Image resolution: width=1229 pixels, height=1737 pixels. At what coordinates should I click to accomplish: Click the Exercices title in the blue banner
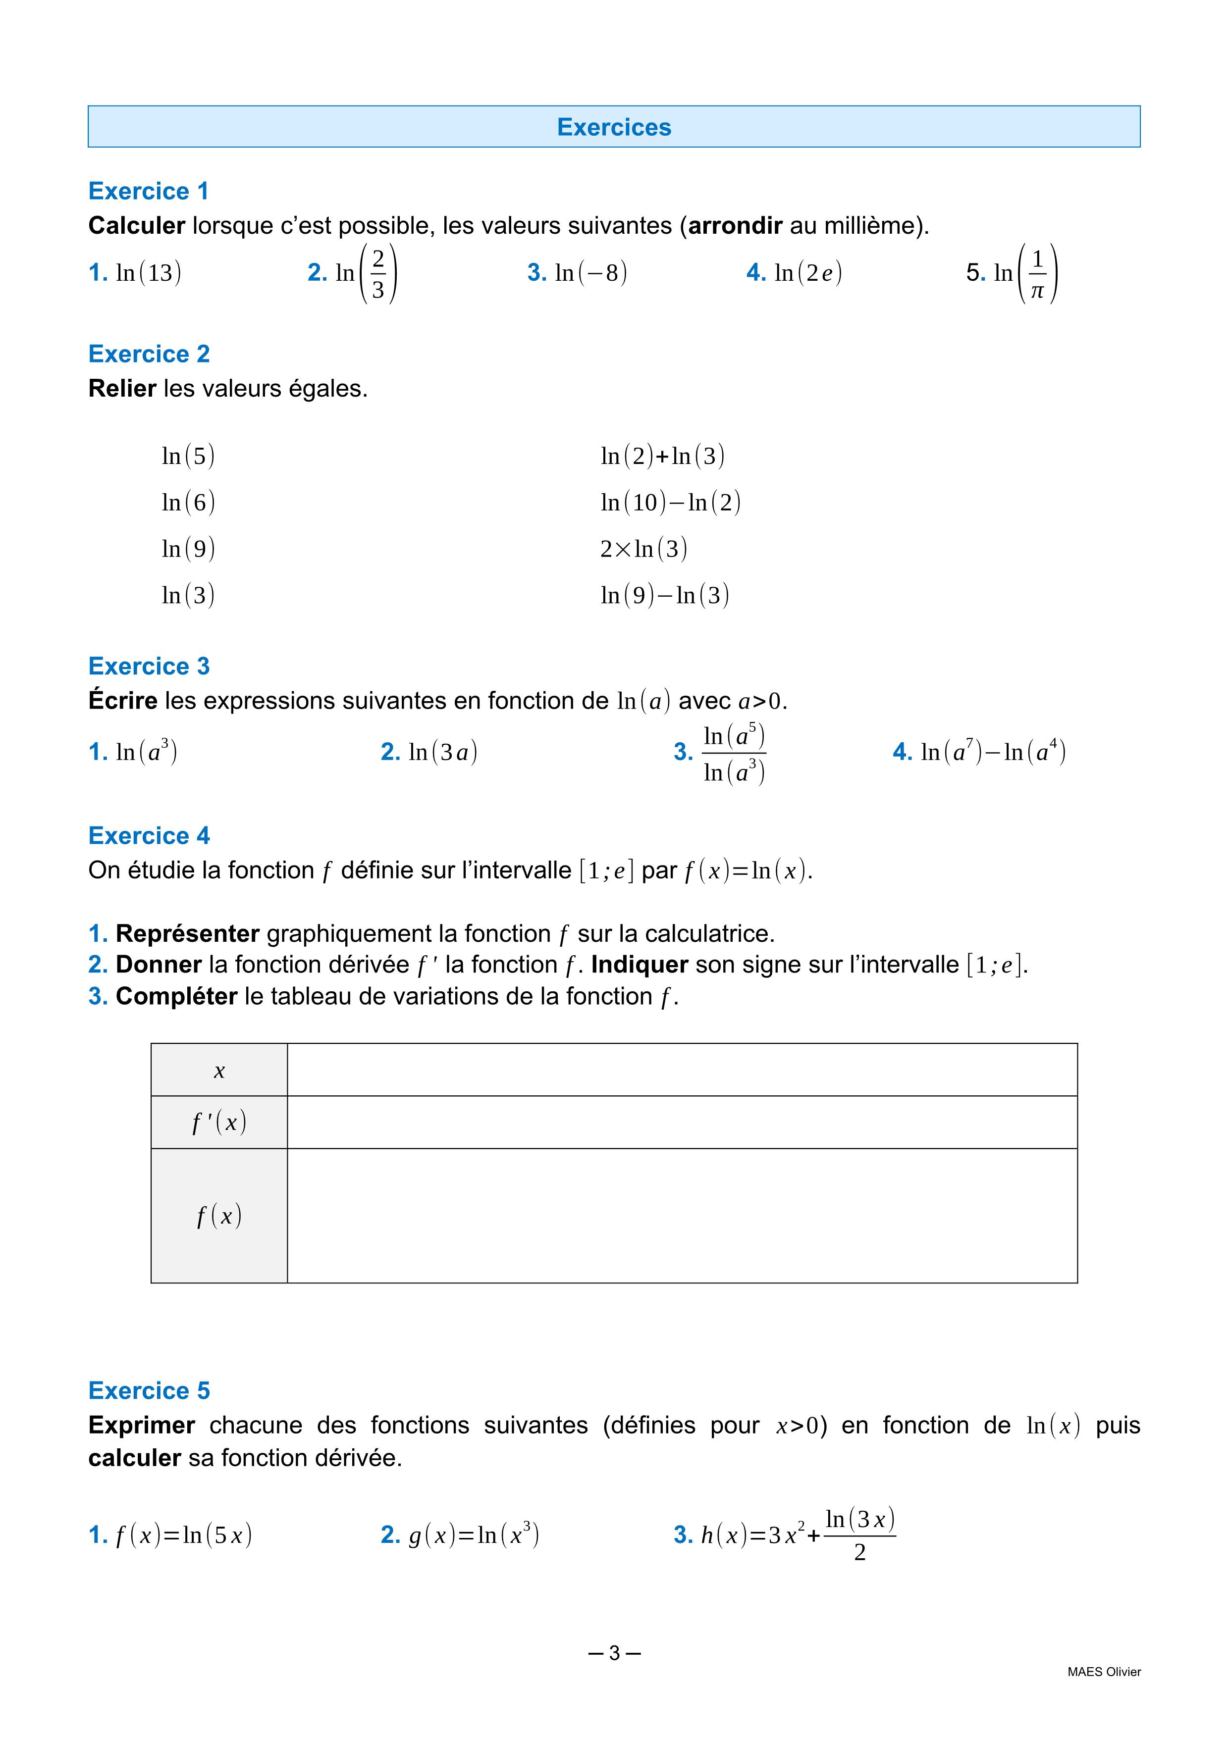coord(614,127)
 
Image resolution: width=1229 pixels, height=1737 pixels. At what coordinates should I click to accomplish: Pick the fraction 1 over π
coord(1037,274)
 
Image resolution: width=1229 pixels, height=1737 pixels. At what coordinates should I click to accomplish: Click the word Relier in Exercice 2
coord(122,388)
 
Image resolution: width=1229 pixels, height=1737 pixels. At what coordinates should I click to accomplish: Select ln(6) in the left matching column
coord(188,503)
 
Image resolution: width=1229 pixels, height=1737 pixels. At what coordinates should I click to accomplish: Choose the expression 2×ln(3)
coord(643,549)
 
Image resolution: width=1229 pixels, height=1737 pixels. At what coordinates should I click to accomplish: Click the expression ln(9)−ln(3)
coord(664,595)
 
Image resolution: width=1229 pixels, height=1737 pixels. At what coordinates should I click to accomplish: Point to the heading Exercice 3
coord(148,666)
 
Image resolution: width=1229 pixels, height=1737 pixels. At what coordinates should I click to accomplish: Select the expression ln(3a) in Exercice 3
coord(443,752)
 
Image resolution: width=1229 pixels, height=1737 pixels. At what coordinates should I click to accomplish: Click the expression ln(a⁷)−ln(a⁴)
coord(992,752)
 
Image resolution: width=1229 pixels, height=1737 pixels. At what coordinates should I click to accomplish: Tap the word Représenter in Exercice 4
coord(187,933)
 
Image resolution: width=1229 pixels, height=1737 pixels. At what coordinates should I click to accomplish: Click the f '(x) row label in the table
coord(219,1122)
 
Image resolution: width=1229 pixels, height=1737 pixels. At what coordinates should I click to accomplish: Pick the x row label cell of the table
coord(219,1070)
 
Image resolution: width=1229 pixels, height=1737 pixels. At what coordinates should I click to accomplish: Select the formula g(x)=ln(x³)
coord(473,1535)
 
